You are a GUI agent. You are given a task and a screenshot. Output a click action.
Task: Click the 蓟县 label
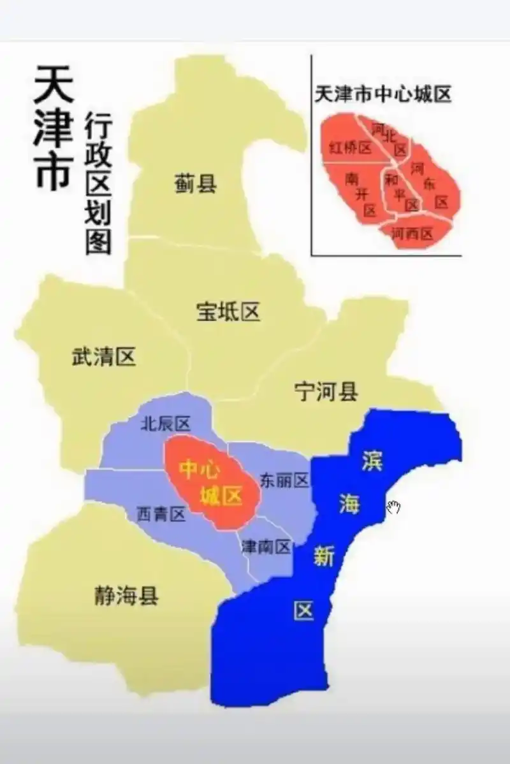(x=195, y=184)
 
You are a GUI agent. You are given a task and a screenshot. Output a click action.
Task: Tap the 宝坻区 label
(x=228, y=312)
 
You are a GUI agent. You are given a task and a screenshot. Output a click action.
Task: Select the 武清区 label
(x=103, y=357)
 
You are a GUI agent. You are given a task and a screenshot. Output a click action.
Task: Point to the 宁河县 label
(x=326, y=392)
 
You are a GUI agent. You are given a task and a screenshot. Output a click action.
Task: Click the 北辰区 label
(x=165, y=423)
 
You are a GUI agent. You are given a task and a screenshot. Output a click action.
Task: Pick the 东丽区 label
(x=284, y=480)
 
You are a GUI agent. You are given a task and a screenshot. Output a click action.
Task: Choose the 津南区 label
(x=266, y=546)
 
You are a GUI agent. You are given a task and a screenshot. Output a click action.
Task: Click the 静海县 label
(x=126, y=597)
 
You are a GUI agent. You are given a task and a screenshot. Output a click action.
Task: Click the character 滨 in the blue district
(x=371, y=462)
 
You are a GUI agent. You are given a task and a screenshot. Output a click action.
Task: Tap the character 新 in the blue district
(x=323, y=558)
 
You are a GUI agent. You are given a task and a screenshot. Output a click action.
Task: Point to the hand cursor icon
(x=394, y=508)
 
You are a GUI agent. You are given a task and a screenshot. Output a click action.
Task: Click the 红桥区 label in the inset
(x=350, y=148)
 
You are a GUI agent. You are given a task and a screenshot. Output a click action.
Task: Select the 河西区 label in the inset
(x=412, y=234)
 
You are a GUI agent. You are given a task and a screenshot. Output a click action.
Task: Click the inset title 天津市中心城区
(x=382, y=95)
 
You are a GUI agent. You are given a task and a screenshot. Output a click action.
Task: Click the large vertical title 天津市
(x=52, y=127)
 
